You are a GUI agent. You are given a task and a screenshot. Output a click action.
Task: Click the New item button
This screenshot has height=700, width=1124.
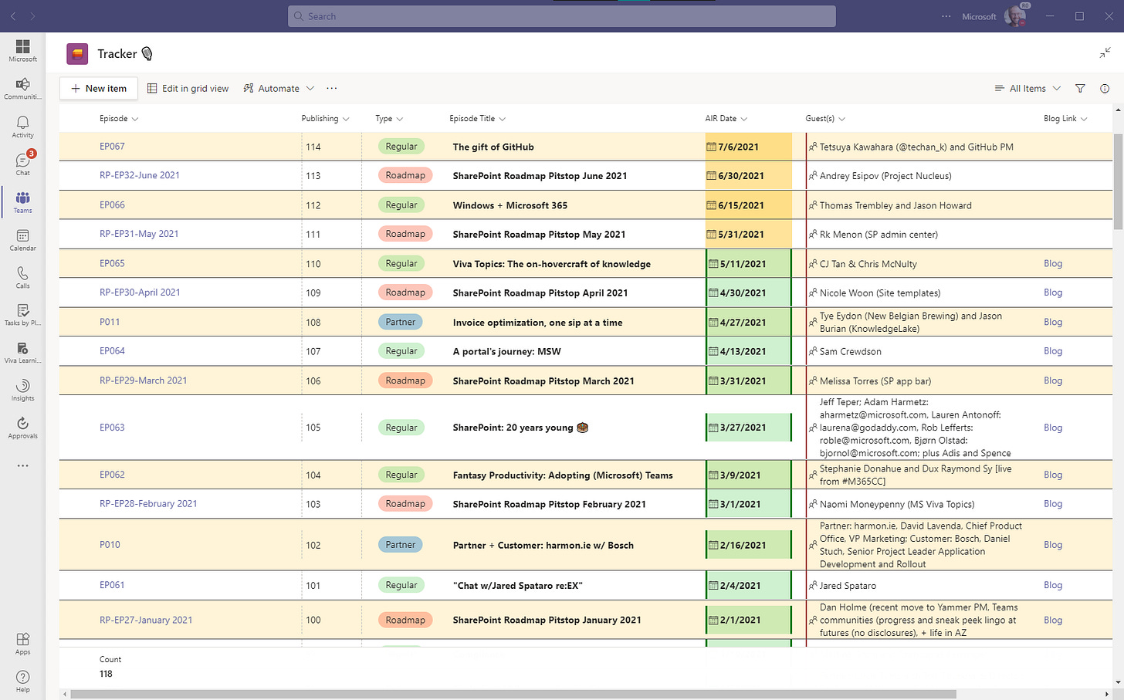click(x=99, y=89)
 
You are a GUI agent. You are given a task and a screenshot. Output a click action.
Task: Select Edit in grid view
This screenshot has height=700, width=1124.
click(x=188, y=89)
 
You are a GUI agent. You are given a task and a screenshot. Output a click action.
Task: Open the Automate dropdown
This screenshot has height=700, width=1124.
click(x=279, y=89)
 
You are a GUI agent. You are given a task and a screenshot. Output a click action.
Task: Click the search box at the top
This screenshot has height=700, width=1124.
click(x=562, y=16)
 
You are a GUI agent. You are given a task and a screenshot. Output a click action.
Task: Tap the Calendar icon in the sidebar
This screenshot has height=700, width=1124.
click(x=22, y=239)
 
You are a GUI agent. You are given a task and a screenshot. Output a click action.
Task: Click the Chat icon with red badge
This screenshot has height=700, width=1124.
click(x=23, y=163)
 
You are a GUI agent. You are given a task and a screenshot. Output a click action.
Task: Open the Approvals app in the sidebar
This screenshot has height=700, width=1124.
click(x=22, y=427)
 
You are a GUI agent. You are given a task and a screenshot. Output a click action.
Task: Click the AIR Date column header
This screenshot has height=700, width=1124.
click(x=721, y=119)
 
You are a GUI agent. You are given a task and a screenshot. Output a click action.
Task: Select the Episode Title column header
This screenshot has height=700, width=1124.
click(x=472, y=119)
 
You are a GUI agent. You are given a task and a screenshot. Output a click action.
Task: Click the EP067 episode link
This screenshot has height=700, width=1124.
click(x=112, y=147)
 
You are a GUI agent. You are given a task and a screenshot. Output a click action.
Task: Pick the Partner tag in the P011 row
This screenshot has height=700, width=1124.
click(x=400, y=322)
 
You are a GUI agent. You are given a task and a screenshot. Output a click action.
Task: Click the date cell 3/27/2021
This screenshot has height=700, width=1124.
click(x=743, y=428)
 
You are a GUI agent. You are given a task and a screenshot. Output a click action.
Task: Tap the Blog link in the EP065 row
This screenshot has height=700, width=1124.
click(x=1053, y=263)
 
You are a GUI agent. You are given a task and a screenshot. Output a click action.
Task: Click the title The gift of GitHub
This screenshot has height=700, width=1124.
click(x=493, y=147)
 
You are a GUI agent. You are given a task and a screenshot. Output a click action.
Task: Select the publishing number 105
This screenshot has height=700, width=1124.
click(x=313, y=428)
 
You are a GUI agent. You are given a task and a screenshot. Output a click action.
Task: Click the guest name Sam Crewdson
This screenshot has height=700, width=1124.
click(x=850, y=351)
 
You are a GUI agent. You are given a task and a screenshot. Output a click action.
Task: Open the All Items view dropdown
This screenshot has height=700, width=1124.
click(x=1028, y=89)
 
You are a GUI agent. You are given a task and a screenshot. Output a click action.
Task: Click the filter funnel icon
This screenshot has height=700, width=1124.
click(x=1080, y=89)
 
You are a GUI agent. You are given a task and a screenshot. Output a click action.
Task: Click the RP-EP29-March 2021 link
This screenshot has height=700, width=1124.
click(x=143, y=380)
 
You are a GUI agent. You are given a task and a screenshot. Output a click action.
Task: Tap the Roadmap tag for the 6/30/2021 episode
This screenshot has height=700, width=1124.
click(x=405, y=175)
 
